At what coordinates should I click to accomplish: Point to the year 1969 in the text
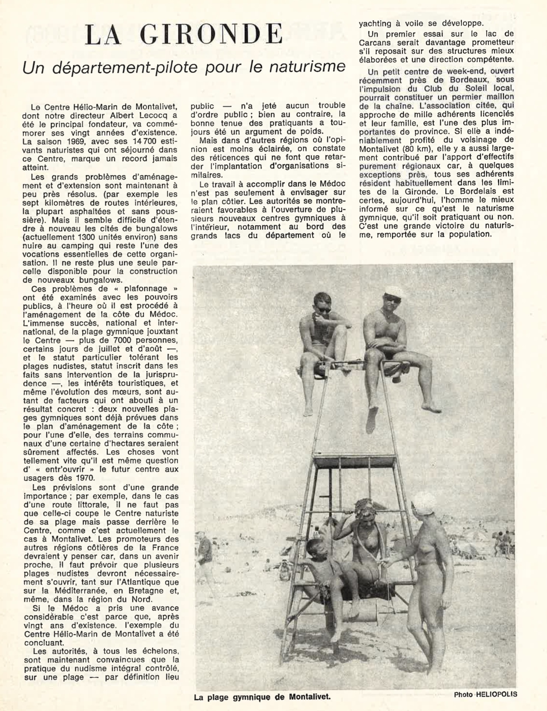66,141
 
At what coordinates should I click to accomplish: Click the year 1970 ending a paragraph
84,478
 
